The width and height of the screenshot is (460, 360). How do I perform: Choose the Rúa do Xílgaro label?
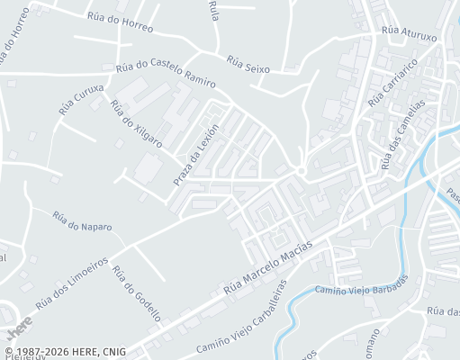[136, 124]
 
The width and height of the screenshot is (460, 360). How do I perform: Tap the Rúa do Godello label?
[137, 293]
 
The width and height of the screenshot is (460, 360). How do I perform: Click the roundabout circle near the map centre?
[302, 171]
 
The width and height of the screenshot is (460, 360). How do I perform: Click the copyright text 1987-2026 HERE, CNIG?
[65, 352]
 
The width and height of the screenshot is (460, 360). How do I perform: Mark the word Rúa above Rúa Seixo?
[213, 10]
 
